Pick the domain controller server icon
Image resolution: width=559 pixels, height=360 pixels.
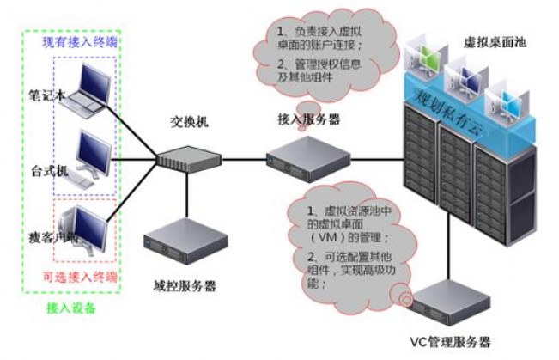[185, 240]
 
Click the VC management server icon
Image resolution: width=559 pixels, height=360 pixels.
[447, 301]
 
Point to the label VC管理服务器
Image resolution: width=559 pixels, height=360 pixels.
[450, 342]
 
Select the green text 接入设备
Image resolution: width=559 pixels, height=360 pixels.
[72, 308]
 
